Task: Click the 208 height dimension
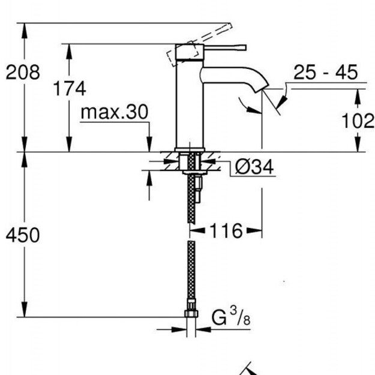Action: point(23,72)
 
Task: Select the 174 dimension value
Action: point(70,88)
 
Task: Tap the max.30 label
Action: point(115,112)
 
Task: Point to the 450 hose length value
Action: point(23,235)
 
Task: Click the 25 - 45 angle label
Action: point(325,72)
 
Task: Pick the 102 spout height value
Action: point(358,121)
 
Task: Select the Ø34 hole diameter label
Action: point(254,167)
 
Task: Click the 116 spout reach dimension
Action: point(226,231)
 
